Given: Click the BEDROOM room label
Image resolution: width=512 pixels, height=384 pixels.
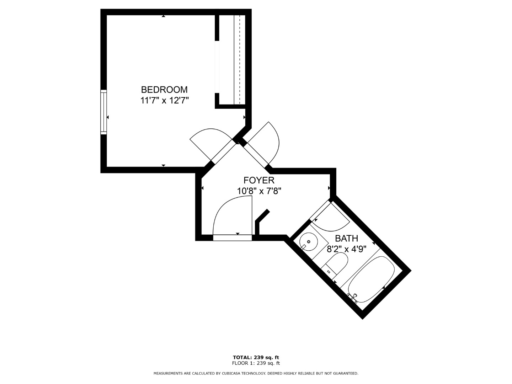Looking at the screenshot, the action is [164, 90].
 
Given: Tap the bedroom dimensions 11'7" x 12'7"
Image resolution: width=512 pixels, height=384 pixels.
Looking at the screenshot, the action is [164, 101].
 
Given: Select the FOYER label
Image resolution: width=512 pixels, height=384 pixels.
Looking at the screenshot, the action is [259, 180].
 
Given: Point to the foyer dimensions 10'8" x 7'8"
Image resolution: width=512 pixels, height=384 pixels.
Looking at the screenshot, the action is [259, 191].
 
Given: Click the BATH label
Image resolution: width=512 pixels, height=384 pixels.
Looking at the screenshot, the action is [346, 239].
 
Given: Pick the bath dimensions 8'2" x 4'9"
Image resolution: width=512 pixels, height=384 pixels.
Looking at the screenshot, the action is [346, 250].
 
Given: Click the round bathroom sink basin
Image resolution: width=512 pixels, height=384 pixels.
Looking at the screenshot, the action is [308, 242].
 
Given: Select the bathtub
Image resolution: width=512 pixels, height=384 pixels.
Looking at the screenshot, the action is [371, 279].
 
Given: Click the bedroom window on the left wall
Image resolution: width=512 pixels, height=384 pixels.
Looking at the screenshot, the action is [103, 112].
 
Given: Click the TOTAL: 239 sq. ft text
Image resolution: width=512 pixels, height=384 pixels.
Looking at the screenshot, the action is [256, 357].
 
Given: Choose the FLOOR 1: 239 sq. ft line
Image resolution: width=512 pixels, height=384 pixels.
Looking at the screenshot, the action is [256, 363].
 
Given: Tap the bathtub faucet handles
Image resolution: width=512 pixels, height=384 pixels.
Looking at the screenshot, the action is [352, 298].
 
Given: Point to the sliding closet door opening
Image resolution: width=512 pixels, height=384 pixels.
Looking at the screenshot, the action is [217, 67].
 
